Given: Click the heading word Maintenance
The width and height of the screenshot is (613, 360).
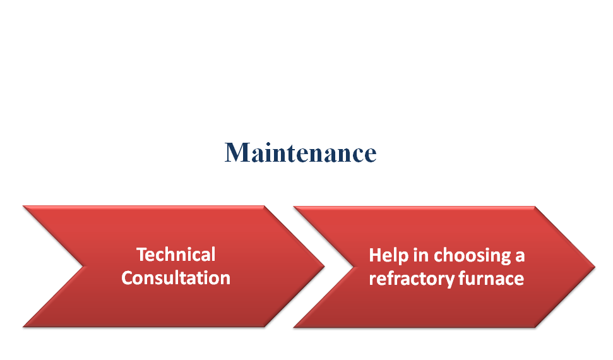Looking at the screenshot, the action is pos(301,152).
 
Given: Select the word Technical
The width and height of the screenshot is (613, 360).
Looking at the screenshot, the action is pos(176,255).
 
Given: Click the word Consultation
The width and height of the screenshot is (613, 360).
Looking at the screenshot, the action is pos(176,278).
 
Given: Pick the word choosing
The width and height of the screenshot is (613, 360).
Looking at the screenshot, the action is pos(472,256).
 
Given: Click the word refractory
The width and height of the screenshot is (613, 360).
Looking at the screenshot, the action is pos(411,279).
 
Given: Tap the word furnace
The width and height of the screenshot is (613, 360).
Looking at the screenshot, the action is pos(491,279).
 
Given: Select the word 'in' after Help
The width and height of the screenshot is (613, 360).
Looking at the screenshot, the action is pos(420,255).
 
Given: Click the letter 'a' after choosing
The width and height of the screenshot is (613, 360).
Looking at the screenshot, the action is pos(520,257).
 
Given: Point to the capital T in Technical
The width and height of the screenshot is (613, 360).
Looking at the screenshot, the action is pos(142,255).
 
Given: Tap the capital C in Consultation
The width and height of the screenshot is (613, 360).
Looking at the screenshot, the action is pos(128,278).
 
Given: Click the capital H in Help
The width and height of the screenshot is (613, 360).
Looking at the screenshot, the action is pos(375,255).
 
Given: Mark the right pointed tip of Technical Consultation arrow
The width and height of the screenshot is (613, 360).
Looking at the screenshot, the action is pos(324,267).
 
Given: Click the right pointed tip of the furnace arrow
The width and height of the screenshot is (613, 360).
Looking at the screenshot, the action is pos(595,267).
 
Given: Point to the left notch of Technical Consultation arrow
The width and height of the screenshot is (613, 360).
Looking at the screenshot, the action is pos(84,267).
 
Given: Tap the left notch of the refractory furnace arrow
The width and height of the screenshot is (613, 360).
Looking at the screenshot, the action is pos(354,267).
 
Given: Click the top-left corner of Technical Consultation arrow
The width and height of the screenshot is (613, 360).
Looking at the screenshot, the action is pos(23,206).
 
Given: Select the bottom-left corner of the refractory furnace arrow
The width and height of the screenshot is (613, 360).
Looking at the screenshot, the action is pos(294,327).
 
